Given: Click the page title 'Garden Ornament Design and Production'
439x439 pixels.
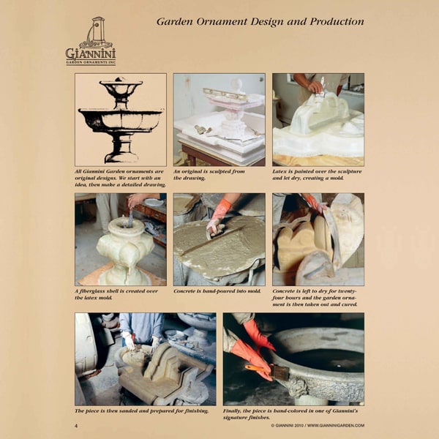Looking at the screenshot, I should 260,21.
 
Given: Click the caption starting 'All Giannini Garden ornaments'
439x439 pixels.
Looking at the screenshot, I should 119,178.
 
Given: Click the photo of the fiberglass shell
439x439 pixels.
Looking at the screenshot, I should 121,239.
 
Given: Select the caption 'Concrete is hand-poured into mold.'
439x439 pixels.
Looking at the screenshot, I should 217,290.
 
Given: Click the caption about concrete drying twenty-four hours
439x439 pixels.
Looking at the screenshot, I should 315,297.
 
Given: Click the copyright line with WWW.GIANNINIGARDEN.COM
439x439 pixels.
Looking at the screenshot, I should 317,425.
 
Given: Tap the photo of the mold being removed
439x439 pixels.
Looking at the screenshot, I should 318,239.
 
